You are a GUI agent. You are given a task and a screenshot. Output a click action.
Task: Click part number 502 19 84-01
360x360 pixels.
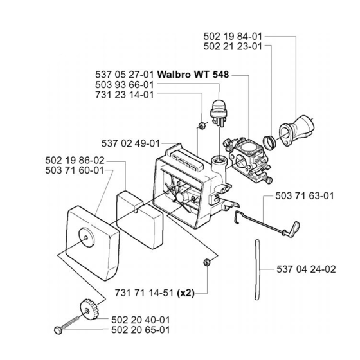pos(233,37)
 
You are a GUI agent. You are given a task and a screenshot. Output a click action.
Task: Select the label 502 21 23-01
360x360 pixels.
pos(233,46)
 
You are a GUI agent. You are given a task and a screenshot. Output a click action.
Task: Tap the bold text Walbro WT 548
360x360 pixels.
pos(193,75)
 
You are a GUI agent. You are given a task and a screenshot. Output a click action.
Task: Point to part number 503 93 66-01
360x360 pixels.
pos(125,85)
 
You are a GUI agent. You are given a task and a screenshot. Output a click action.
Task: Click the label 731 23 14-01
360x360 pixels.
pos(125,94)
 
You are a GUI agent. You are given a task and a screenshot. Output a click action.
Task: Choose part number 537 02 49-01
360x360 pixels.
pos(130,143)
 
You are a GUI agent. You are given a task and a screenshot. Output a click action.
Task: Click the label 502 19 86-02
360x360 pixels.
pos(75,160)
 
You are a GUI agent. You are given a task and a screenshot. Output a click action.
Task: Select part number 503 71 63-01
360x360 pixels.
pos(305,196)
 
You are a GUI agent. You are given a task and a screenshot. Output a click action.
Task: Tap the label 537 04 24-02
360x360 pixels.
pos(306,269)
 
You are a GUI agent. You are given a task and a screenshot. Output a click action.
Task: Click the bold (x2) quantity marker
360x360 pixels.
pos(186,293)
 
